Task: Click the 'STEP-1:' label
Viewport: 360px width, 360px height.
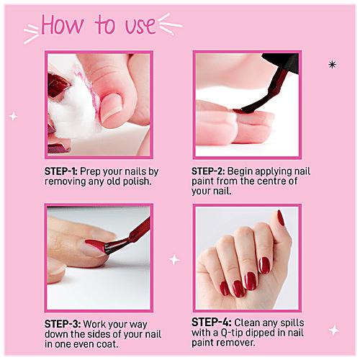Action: [61, 171]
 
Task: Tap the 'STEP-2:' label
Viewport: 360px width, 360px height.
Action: [208, 171]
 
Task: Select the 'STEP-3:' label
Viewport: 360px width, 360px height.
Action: [63, 324]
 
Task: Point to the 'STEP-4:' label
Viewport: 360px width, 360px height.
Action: [212, 323]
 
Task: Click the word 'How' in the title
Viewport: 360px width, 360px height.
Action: [63, 24]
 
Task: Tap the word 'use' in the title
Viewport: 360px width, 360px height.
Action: [140, 26]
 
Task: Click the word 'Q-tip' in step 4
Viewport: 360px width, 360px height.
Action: [232, 333]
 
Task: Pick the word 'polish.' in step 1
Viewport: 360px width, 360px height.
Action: [138, 181]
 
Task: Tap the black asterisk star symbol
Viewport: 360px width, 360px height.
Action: [332, 65]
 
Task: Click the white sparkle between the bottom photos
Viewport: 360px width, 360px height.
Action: [174, 259]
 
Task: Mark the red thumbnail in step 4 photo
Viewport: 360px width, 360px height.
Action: [281, 217]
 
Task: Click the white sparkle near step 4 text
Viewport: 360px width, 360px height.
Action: [334, 330]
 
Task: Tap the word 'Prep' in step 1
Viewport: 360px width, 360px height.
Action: [90, 172]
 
